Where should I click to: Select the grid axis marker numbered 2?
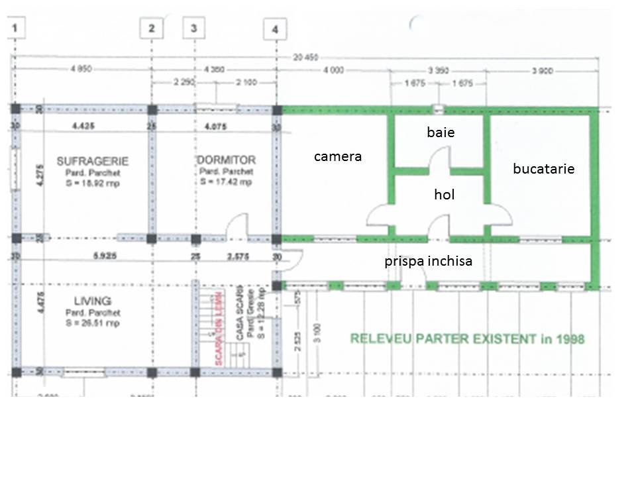pyautogui.click(x=152, y=28)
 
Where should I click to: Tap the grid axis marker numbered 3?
pyautogui.click(x=193, y=28)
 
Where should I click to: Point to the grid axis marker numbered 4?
pyautogui.click(x=275, y=28)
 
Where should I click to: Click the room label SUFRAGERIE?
pyautogui.click(x=93, y=161)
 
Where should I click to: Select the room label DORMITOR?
pyautogui.click(x=226, y=160)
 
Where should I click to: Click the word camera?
pyautogui.click(x=338, y=157)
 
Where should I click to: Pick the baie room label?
pyautogui.click(x=441, y=132)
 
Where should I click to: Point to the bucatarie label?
pyautogui.click(x=543, y=169)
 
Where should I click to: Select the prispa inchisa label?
pyautogui.click(x=428, y=261)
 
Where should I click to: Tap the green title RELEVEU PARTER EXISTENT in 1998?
pyautogui.click(x=467, y=339)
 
